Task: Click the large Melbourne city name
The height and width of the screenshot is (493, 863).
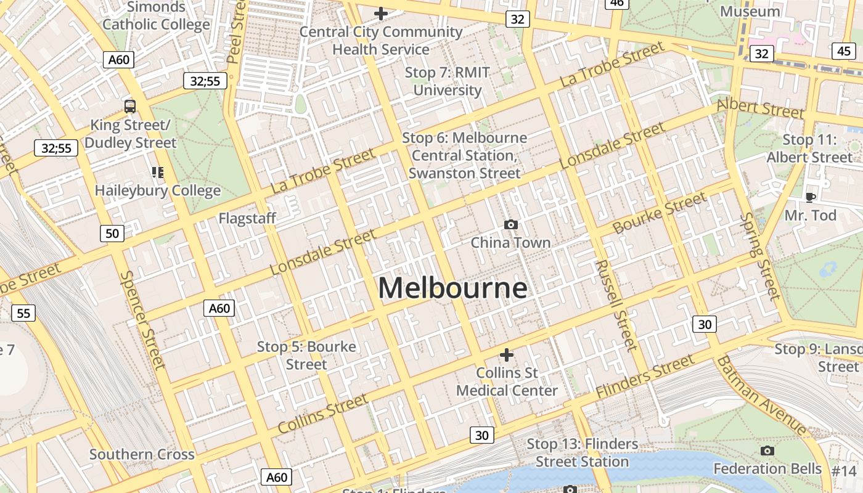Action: (452, 288)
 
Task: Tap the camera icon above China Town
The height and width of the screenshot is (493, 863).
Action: (510, 225)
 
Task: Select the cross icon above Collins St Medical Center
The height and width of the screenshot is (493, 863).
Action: (506, 355)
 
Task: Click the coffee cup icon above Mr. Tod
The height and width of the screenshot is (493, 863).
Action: (810, 197)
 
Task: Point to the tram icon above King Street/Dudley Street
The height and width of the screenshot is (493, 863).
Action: (129, 106)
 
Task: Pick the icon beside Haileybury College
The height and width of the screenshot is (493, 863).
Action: (158, 173)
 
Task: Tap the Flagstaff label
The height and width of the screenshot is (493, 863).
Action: (247, 218)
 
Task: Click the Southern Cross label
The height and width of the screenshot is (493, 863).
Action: (142, 455)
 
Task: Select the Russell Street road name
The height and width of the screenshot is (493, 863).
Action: (616, 305)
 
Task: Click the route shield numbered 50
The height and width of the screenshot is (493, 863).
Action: (112, 233)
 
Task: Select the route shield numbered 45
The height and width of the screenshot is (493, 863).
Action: (843, 51)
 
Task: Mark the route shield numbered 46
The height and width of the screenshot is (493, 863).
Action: (616, 3)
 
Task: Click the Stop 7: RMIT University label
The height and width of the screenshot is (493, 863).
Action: (448, 81)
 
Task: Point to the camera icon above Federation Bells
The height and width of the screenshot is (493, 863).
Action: (767, 451)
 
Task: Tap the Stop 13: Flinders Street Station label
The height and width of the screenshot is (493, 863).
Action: (582, 453)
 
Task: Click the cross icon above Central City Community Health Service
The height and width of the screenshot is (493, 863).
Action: (381, 13)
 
